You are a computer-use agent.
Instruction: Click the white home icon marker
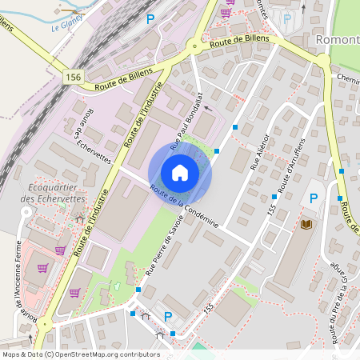180,172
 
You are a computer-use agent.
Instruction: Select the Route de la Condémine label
184,207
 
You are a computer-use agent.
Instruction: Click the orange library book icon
305,227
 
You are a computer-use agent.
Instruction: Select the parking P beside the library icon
314,198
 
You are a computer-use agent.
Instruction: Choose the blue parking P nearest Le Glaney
149,18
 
